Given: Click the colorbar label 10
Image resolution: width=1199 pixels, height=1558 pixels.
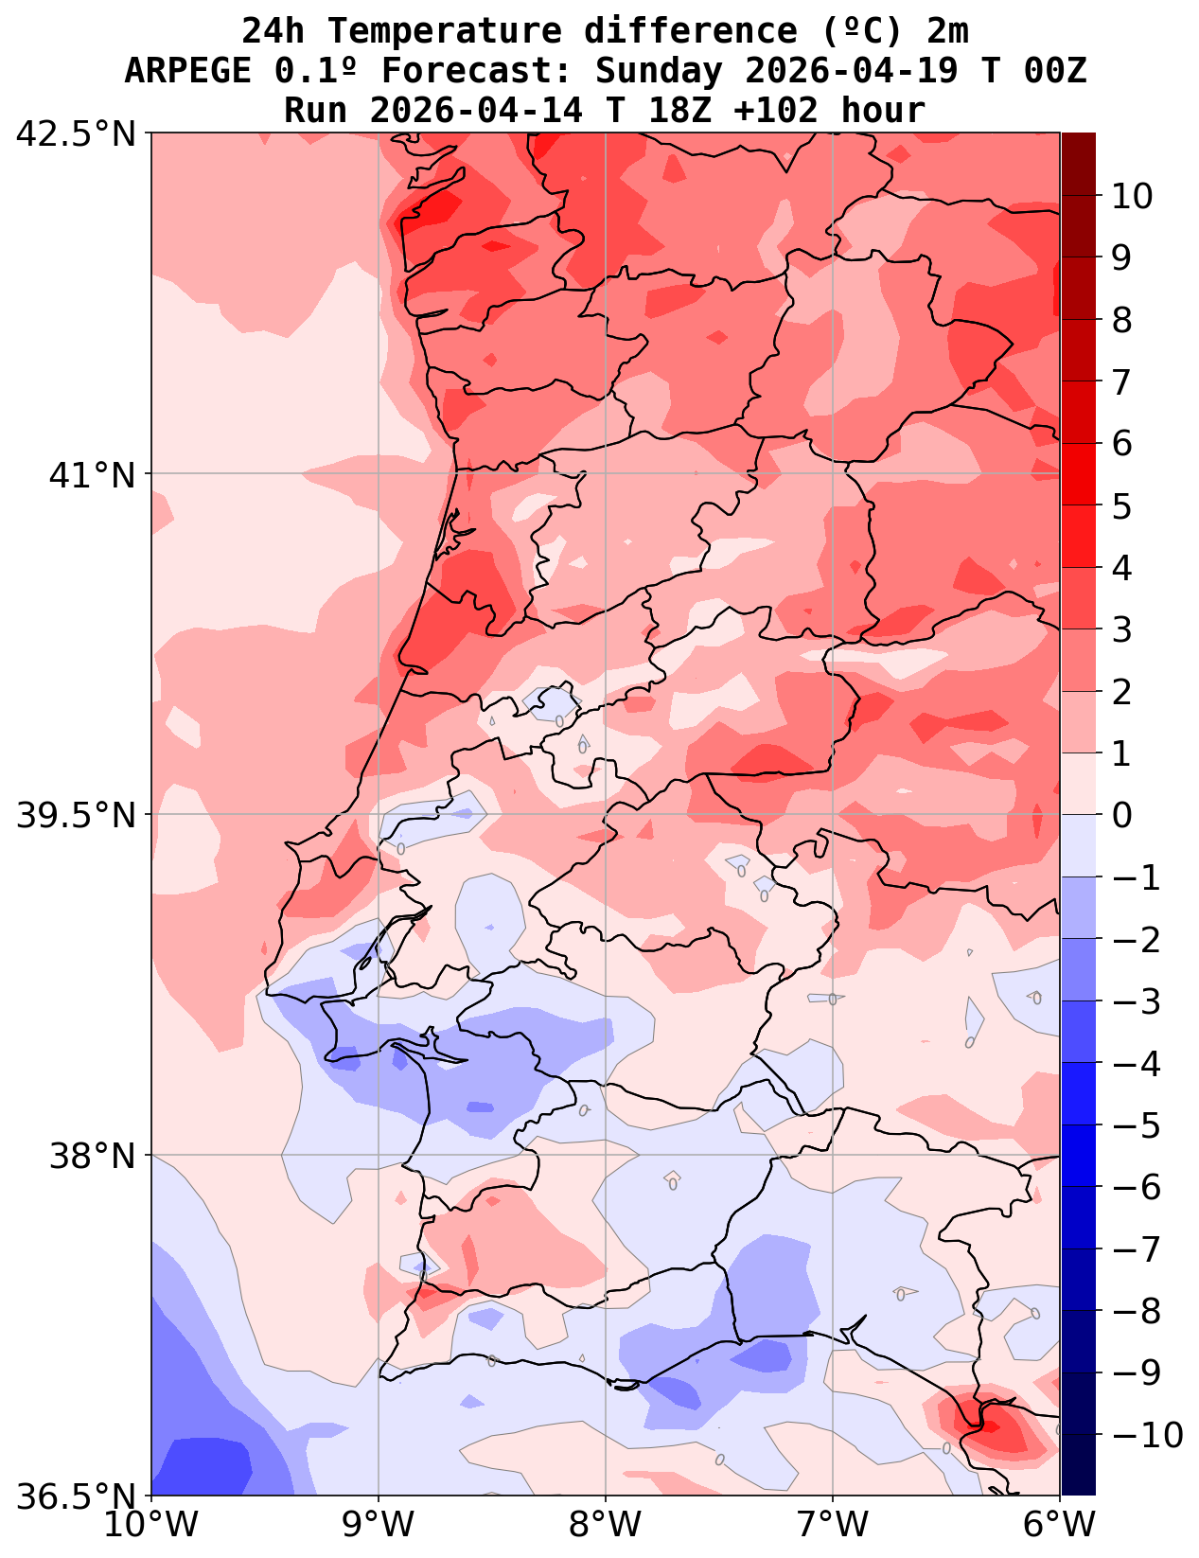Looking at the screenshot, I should pyautogui.click(x=1132, y=197).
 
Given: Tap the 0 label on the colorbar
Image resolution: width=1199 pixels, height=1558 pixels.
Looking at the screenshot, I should pyautogui.click(x=1121, y=816).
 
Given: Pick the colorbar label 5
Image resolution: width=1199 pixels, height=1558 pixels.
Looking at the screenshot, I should pyautogui.click(x=1121, y=506).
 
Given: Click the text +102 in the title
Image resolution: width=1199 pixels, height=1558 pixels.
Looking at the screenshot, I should pyautogui.click(x=776, y=111).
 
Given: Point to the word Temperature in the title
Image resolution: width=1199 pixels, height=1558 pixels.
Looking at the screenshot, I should pyautogui.click(x=445, y=31).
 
